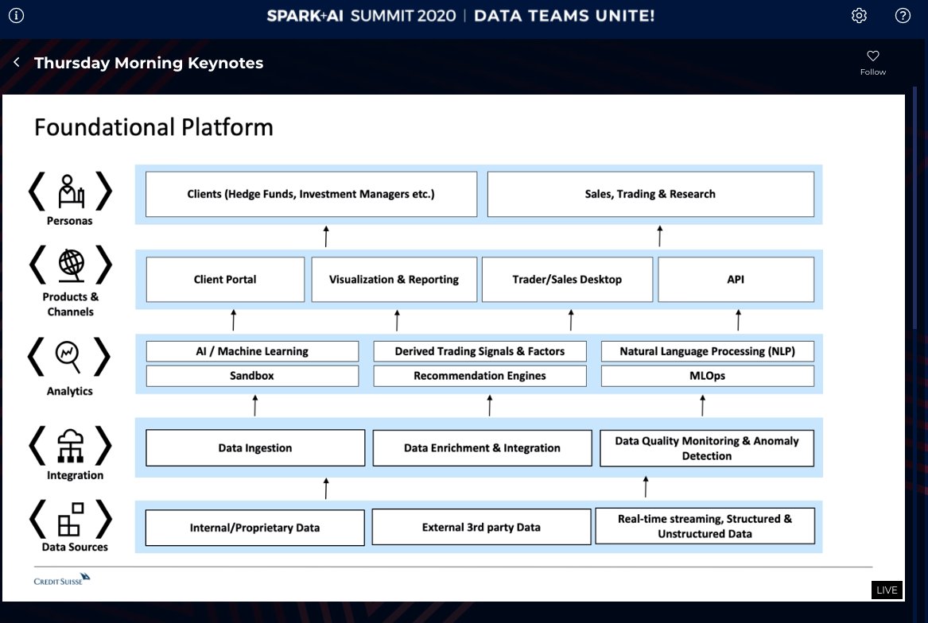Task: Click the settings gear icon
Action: click(859, 16)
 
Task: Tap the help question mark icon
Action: click(903, 16)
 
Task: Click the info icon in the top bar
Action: click(16, 16)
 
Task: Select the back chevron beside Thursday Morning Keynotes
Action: click(17, 63)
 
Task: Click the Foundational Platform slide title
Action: click(153, 127)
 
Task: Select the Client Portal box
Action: click(225, 279)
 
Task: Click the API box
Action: click(736, 279)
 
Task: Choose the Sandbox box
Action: click(251, 376)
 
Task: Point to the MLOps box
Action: click(707, 376)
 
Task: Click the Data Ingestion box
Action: click(254, 448)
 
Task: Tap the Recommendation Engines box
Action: click(480, 376)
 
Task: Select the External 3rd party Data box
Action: click(481, 527)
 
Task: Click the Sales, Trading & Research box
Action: click(650, 194)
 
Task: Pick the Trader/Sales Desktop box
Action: click(567, 279)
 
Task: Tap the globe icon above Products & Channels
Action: click(70, 265)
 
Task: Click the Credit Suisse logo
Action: click(62, 579)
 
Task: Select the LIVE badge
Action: click(887, 590)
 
